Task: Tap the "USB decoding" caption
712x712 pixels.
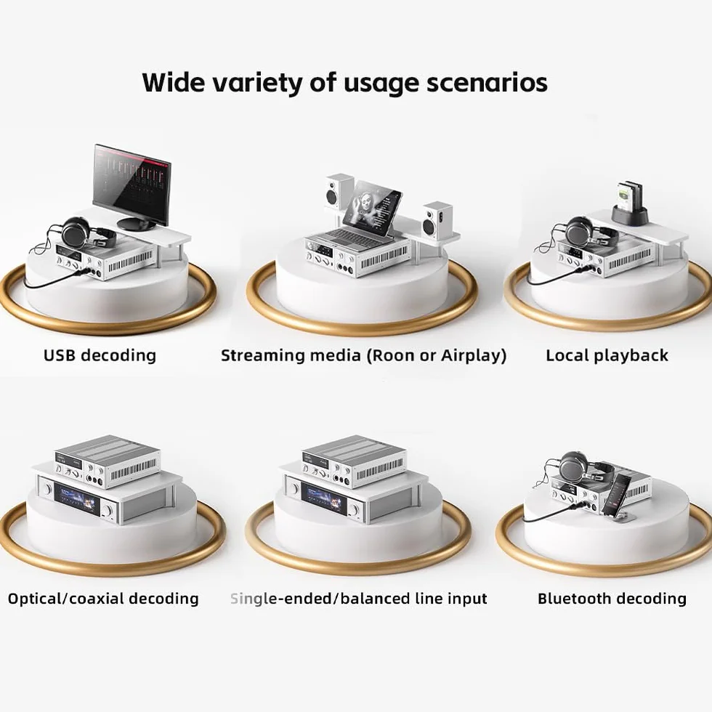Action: click(x=100, y=355)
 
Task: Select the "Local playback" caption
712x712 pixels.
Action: click(x=607, y=355)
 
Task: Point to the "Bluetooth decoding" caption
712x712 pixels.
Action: click(x=612, y=599)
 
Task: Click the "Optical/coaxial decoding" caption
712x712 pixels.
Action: click(x=103, y=599)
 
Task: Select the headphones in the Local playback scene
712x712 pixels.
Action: click(x=586, y=233)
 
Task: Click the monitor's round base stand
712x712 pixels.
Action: click(x=137, y=223)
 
